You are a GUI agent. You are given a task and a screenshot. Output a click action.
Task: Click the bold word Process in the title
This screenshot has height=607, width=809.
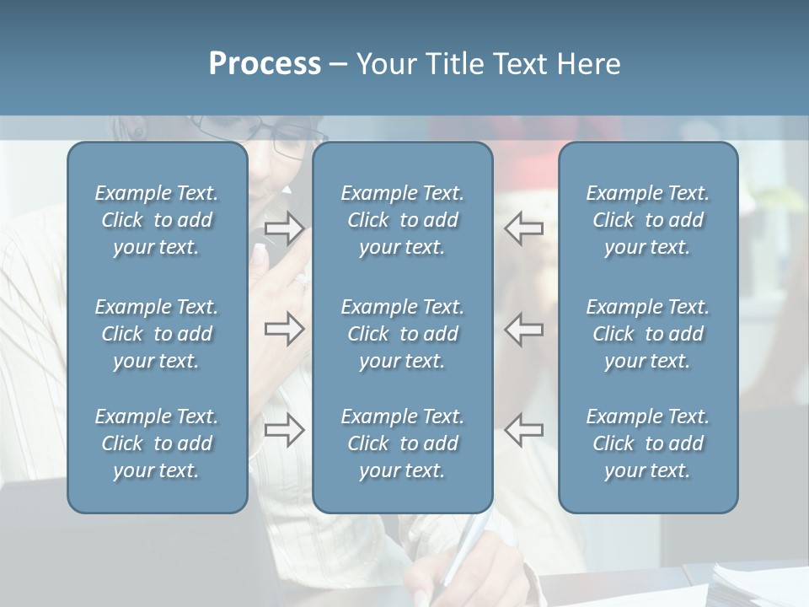265,64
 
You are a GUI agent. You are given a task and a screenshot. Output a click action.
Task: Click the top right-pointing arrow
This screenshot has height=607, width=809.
284,228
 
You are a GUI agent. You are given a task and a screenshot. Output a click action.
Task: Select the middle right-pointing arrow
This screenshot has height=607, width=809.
284,329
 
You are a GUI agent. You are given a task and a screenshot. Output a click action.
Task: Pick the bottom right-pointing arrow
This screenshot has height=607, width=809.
284,430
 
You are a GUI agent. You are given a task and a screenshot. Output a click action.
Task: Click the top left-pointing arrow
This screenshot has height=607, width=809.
523,228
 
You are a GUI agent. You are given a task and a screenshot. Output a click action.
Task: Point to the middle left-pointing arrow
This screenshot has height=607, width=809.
523,329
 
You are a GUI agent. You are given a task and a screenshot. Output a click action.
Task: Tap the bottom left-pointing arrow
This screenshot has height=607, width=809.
523,430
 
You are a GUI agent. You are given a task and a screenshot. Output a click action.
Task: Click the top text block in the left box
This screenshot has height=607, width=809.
157,220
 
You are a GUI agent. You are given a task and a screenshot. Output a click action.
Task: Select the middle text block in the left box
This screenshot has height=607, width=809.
157,334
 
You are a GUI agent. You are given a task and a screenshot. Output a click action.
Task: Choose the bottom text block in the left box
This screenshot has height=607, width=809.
157,443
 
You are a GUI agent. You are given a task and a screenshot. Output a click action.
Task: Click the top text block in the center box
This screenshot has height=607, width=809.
403,220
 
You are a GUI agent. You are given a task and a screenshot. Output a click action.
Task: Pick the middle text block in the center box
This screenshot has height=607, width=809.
403,334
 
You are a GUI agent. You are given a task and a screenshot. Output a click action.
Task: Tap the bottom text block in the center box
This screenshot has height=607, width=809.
403,443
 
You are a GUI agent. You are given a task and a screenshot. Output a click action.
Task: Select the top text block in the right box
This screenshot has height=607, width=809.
648,220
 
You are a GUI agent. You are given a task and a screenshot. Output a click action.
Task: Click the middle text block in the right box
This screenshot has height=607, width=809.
648,334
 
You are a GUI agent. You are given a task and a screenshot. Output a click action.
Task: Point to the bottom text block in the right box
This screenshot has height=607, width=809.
648,443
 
